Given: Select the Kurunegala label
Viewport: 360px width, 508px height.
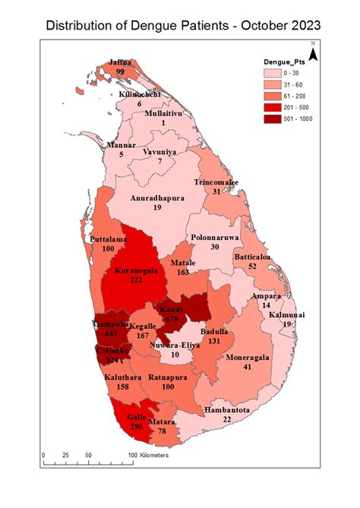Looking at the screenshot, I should pos(138,270).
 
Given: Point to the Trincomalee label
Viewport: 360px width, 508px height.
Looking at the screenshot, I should pos(216,183).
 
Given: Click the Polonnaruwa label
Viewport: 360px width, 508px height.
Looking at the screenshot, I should pos(215,237).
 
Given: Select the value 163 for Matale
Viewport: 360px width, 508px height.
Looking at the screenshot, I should pos(185,271).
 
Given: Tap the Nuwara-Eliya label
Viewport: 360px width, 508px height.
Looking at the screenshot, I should pos(175,346).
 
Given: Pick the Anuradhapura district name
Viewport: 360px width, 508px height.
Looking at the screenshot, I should pos(157,197).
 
